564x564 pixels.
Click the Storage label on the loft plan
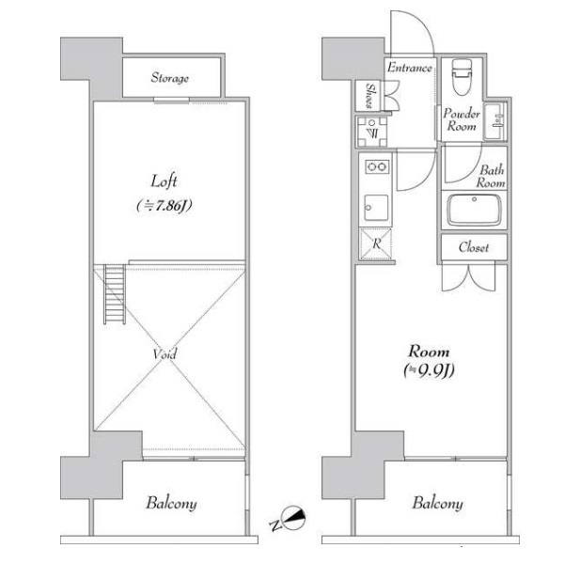[169, 78]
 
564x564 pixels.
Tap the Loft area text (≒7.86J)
[164, 206]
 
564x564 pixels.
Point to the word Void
[164, 354]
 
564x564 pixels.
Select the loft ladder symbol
[115, 294]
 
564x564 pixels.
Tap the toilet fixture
[462, 76]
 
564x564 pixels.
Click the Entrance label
[409, 68]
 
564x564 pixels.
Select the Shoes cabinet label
[369, 95]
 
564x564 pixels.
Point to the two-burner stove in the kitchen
[377, 166]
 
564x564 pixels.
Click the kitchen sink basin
[376, 208]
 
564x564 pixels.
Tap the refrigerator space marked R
[376, 243]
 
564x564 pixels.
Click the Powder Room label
[462, 120]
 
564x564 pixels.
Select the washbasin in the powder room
[495, 121]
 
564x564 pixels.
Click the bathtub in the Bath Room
[474, 210]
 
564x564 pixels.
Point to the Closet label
[474, 247]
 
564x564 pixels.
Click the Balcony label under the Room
[437, 503]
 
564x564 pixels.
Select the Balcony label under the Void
[171, 503]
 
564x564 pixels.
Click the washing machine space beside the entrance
[372, 132]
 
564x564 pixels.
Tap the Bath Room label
[491, 177]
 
